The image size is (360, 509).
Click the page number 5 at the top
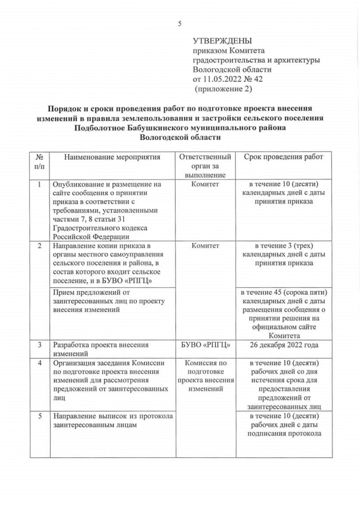[179, 23]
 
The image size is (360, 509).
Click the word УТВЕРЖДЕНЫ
[222, 41]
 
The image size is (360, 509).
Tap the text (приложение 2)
[223, 89]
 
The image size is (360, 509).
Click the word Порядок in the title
[69, 108]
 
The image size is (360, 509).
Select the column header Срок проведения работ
[283, 157]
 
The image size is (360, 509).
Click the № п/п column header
[39, 161]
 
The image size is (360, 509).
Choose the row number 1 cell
[39, 184]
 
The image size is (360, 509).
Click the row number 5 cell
[39, 416]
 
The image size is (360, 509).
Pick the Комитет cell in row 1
[205, 184]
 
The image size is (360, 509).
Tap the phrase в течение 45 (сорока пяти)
[283, 292]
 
